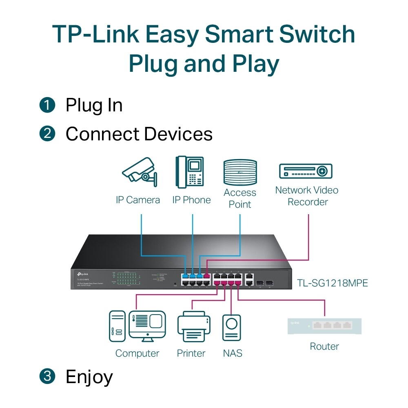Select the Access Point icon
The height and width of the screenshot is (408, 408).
click(240, 172)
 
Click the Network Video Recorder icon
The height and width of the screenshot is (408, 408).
click(306, 171)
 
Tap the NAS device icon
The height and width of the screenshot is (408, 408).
click(231, 327)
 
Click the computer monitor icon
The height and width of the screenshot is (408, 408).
click(147, 326)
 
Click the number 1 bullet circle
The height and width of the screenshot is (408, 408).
click(47, 105)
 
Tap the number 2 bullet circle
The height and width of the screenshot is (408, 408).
click(47, 134)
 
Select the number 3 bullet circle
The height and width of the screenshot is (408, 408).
click(47, 376)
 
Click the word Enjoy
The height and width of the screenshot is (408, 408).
click(89, 377)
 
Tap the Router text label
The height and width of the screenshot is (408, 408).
click(324, 346)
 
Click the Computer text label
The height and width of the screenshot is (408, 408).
click(137, 353)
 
